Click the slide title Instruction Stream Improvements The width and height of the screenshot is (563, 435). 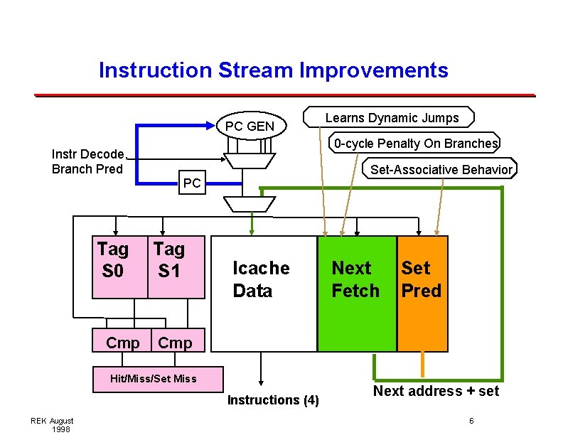point(274,70)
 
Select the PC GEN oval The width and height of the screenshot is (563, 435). point(250,127)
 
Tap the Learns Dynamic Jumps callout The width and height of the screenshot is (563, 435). point(392,117)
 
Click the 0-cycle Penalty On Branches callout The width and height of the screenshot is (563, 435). point(416,144)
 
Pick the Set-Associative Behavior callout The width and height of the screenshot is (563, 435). point(441,169)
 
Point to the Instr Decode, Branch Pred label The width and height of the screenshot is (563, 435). point(88,161)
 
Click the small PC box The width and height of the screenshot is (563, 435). point(192,183)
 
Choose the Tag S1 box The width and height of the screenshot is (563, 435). point(176,267)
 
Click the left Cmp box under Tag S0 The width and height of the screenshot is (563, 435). point(122,343)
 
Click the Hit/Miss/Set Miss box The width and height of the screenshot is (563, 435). point(154,378)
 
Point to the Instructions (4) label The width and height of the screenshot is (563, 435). point(273,400)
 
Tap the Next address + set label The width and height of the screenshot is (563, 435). point(436,391)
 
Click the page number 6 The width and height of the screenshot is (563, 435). point(471,421)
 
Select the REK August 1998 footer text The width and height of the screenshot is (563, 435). point(51,425)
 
